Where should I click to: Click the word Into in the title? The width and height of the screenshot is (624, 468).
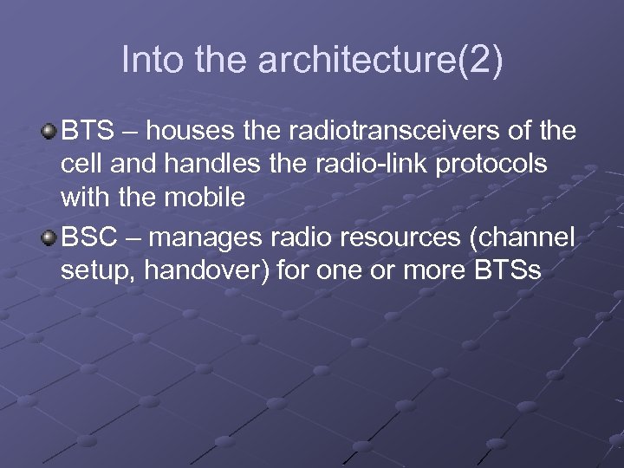pyautogui.click(x=146, y=60)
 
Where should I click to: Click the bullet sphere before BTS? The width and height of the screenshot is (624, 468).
pyautogui.click(x=49, y=131)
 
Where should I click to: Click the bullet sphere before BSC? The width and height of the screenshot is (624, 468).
pyautogui.click(x=49, y=238)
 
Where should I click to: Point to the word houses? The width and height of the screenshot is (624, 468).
pyautogui.click(x=192, y=131)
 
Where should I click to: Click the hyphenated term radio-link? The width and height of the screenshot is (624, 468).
pyautogui.click(x=367, y=164)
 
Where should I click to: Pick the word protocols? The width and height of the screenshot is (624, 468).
pyautogui.click(x=505, y=164)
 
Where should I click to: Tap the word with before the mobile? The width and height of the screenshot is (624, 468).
pyautogui.click(x=85, y=197)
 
